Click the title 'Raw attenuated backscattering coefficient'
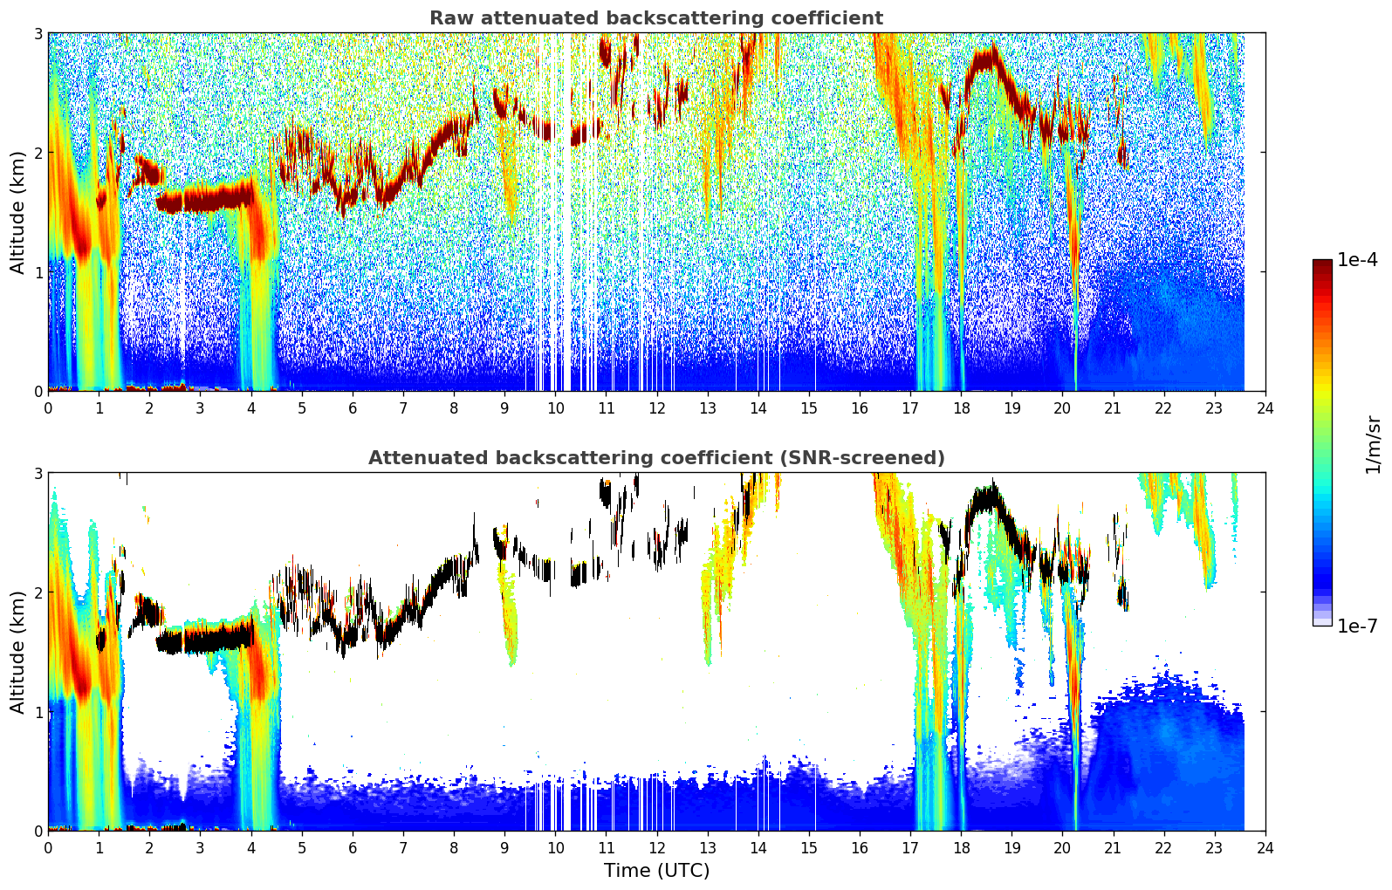pyautogui.click(x=656, y=18)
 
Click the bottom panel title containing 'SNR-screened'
pyautogui.click(x=656, y=457)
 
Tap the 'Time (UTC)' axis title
pyautogui.click(x=656, y=871)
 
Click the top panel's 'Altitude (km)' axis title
pyautogui.click(x=17, y=212)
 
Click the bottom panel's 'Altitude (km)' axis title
pyautogui.click(x=17, y=652)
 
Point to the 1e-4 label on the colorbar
pyautogui.click(x=1357, y=260)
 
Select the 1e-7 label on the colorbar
pyautogui.click(x=1357, y=626)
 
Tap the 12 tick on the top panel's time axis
pyautogui.click(x=657, y=408)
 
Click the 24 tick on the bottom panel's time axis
pyautogui.click(x=1265, y=848)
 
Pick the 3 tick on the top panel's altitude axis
pyautogui.click(x=38, y=33)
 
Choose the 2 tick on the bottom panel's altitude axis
pyautogui.click(x=38, y=592)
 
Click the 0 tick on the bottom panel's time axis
pyautogui.click(x=49, y=848)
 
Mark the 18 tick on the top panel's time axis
pyautogui.click(x=962, y=408)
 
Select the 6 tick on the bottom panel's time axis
pyautogui.click(x=353, y=848)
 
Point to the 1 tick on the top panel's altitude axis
pyautogui.click(x=38, y=271)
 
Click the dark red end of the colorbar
pyautogui.click(x=1322, y=264)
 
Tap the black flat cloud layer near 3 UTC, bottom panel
pyautogui.click(x=205, y=640)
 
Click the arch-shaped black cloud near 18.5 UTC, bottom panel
pyautogui.click(x=985, y=498)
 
